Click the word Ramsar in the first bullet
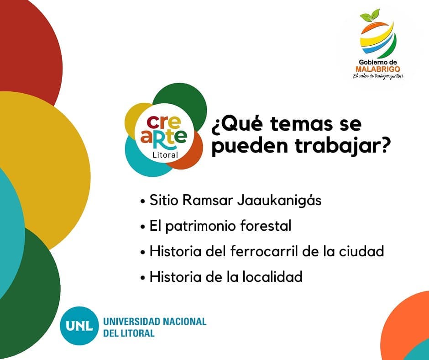point(208,200)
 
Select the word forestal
point(266,226)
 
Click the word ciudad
point(361,251)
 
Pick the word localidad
point(272,277)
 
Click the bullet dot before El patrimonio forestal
point(142,227)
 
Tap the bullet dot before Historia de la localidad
point(142,278)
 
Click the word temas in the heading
point(301,123)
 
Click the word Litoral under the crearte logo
point(165,155)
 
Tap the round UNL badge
point(79,326)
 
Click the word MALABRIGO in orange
point(377,69)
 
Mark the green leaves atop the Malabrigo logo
point(370,16)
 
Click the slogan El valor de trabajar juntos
point(378,76)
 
